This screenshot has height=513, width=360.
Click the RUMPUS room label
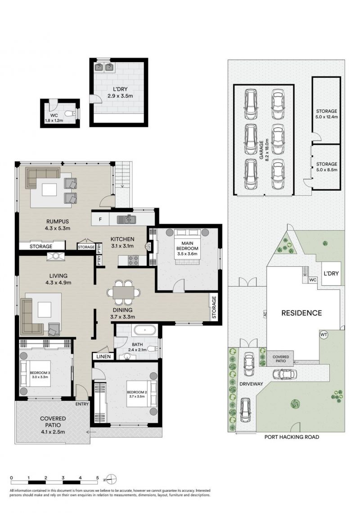(58, 222)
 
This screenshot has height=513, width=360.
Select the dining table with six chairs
(124, 292)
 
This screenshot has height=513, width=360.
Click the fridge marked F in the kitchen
(100, 219)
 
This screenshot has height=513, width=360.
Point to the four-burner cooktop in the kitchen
(134, 260)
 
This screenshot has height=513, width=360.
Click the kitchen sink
(126, 219)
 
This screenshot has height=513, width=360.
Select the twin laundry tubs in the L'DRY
(104, 67)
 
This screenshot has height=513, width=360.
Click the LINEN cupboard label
(103, 356)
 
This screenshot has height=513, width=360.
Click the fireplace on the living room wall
(56, 256)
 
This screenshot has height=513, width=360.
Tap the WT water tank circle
(324, 335)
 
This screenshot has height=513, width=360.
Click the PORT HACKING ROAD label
(292, 437)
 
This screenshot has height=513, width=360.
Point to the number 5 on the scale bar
(98, 477)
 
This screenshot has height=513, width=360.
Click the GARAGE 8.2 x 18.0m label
(264, 150)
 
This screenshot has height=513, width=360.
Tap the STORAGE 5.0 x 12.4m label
(326, 114)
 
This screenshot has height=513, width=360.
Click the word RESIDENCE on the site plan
(301, 313)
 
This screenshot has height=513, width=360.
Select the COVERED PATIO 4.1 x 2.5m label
(53, 425)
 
